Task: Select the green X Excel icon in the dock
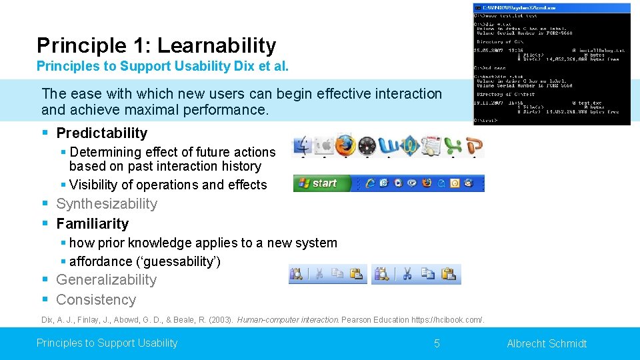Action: (x=453, y=145)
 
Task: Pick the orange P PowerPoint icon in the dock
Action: (x=474, y=145)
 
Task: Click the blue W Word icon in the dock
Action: (x=388, y=145)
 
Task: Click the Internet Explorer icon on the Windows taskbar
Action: (x=370, y=183)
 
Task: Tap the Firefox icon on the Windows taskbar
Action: (x=427, y=183)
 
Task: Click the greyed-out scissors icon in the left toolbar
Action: (x=319, y=274)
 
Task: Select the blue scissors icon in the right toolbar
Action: (x=407, y=274)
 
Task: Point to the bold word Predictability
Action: (x=101, y=133)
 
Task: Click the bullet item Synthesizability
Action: (x=107, y=204)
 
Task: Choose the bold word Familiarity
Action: (x=92, y=224)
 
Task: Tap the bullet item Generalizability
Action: (x=106, y=280)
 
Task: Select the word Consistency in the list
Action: (x=96, y=300)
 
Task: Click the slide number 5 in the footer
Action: (x=437, y=343)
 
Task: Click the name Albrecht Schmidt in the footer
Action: (x=547, y=343)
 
